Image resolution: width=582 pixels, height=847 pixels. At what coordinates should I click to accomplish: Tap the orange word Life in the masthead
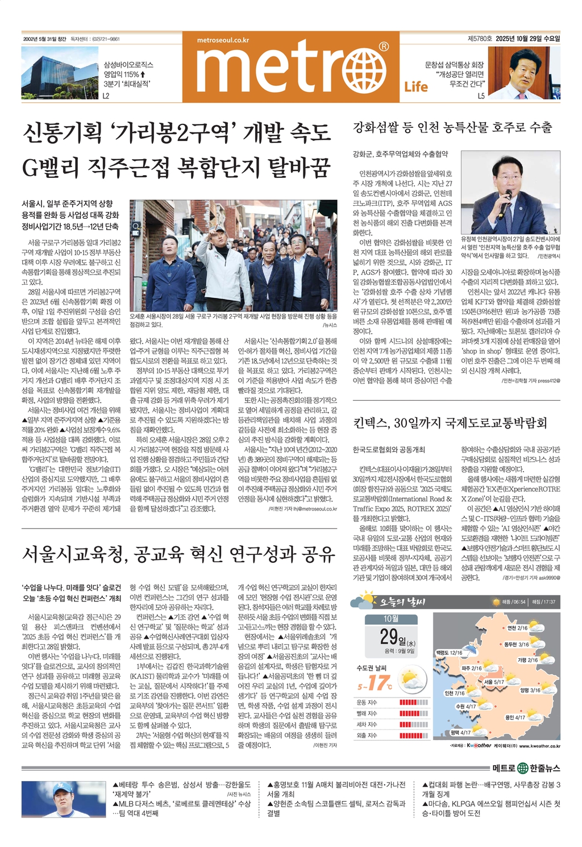point(416,86)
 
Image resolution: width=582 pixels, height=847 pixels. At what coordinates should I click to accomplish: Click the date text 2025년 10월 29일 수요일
point(527,39)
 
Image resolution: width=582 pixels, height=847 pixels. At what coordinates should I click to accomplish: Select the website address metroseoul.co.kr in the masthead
point(223,40)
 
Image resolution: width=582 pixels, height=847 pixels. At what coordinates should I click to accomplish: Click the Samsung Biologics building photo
point(60,72)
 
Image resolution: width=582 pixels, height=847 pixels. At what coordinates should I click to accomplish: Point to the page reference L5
point(481,96)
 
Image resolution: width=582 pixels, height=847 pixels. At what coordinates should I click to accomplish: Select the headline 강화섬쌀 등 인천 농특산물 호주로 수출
point(452,127)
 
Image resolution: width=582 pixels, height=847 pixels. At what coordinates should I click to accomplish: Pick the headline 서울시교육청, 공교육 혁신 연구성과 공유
point(179,554)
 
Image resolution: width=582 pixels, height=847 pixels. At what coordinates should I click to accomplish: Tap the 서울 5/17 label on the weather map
point(494,682)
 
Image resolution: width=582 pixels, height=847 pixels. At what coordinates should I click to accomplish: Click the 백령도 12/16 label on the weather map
point(449,653)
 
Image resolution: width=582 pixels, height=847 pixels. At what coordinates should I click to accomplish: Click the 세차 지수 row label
point(367,724)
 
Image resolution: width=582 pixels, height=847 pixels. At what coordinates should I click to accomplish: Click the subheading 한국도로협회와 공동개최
point(389,450)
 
